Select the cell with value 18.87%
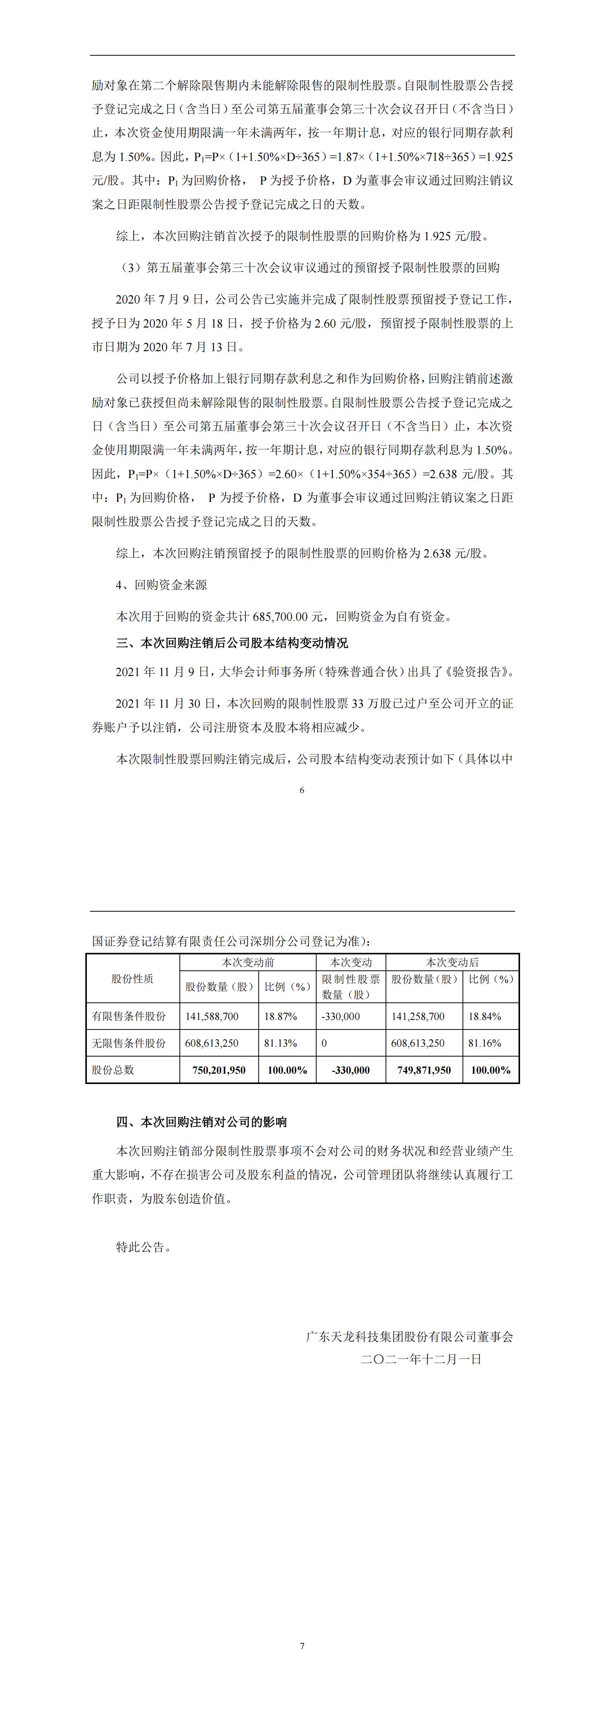280,1016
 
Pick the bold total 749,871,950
424,1070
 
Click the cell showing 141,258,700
418,1016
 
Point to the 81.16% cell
485,1043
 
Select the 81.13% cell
280,1043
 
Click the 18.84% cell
485,1016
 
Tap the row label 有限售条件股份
129,1016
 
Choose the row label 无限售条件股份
129,1043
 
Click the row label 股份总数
113,1070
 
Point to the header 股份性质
132,978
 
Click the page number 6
302,790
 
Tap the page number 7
302,1646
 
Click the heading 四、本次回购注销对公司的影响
201,1122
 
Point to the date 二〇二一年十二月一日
421,1359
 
